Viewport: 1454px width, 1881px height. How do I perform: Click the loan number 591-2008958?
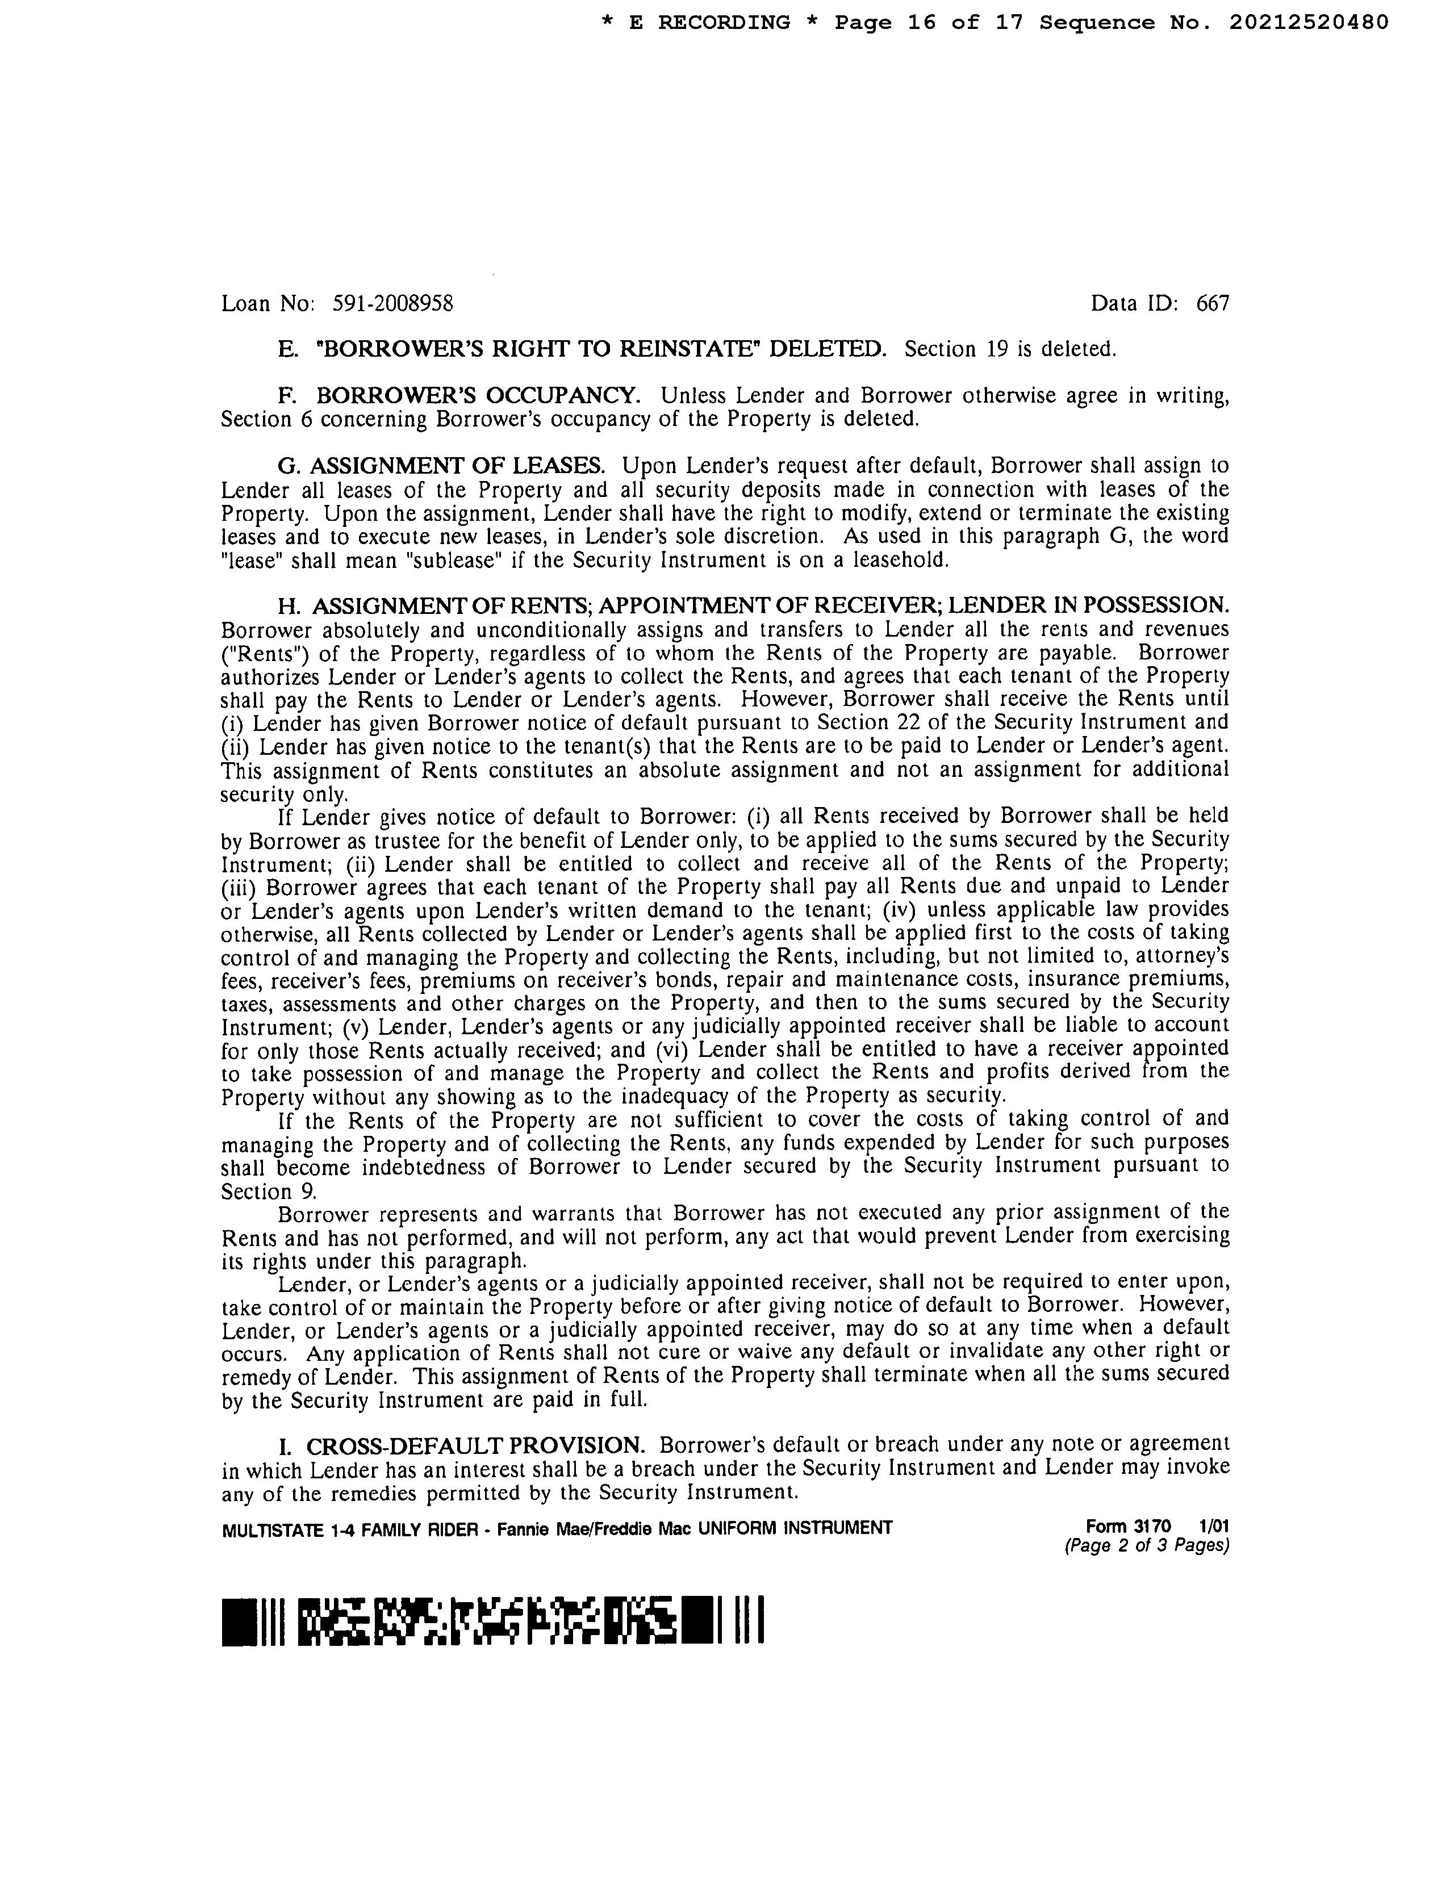click(x=393, y=303)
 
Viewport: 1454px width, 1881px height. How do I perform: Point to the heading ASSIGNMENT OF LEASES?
click(x=457, y=466)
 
